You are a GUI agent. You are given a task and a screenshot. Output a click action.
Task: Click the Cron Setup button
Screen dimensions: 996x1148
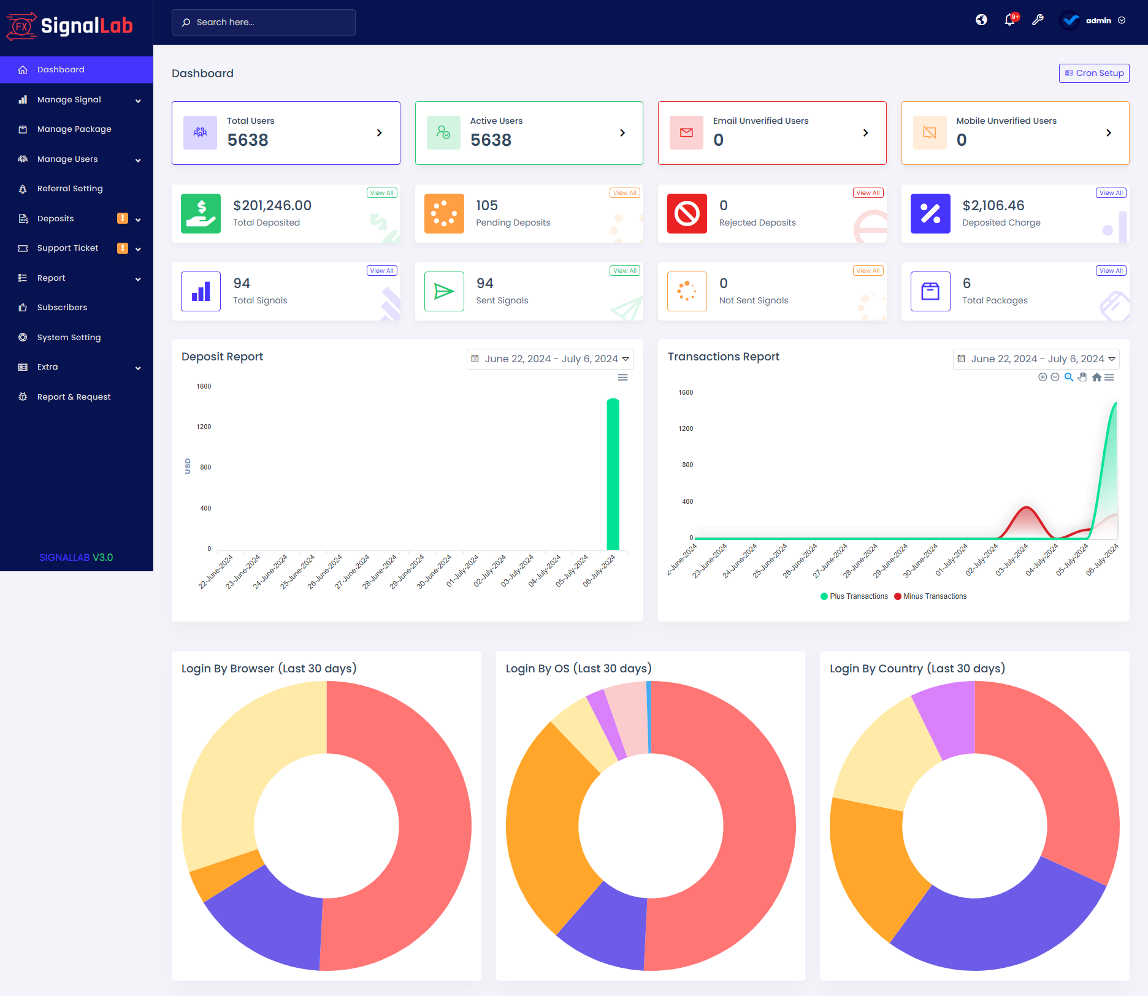(1094, 73)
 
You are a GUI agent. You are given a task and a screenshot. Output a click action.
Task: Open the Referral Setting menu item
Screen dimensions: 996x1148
(70, 189)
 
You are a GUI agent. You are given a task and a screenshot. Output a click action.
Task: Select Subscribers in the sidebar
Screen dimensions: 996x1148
(62, 308)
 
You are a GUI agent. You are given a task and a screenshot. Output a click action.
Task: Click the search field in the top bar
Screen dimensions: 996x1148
(264, 22)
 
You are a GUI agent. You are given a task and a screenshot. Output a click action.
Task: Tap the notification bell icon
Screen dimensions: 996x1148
(1009, 20)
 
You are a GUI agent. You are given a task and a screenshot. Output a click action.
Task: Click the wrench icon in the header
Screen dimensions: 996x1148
(1038, 20)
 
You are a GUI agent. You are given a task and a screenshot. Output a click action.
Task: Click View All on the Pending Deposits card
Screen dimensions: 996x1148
(624, 193)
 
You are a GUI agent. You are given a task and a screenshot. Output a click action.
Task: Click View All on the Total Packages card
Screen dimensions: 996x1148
(1111, 271)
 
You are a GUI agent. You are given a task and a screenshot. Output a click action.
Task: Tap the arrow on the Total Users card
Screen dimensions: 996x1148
(379, 133)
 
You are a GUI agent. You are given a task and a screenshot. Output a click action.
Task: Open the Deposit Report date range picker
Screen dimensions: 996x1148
(549, 359)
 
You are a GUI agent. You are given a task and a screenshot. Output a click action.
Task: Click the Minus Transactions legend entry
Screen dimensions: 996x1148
(930, 596)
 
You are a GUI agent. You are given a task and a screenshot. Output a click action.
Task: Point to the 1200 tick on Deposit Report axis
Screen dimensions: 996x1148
(204, 427)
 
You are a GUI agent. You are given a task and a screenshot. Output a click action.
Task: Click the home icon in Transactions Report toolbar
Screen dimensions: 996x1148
(1096, 378)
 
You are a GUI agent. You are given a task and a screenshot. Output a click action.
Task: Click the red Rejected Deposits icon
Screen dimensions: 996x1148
(687, 214)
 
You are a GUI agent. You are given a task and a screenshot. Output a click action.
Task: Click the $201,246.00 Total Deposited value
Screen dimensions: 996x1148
(272, 206)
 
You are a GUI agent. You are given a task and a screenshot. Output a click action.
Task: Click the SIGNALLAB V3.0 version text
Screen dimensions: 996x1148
(76, 558)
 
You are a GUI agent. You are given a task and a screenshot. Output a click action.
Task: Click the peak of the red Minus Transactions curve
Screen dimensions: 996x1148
(1026, 508)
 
